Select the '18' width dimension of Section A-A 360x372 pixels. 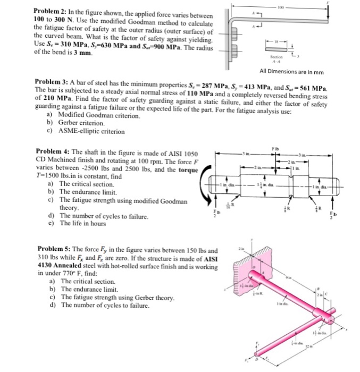point(277,40)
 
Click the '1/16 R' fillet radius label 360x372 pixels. point(230,204)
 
